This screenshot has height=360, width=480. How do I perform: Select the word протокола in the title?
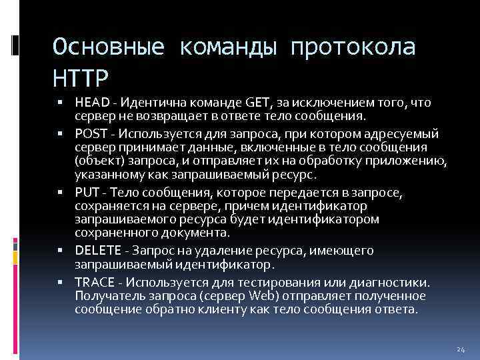click(x=352, y=47)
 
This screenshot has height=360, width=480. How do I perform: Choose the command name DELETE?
click(x=97, y=251)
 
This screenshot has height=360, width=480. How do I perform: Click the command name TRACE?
click(x=93, y=282)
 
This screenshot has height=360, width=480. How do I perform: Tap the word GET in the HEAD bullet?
click(x=258, y=103)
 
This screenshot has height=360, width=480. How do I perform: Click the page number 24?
click(x=460, y=349)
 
